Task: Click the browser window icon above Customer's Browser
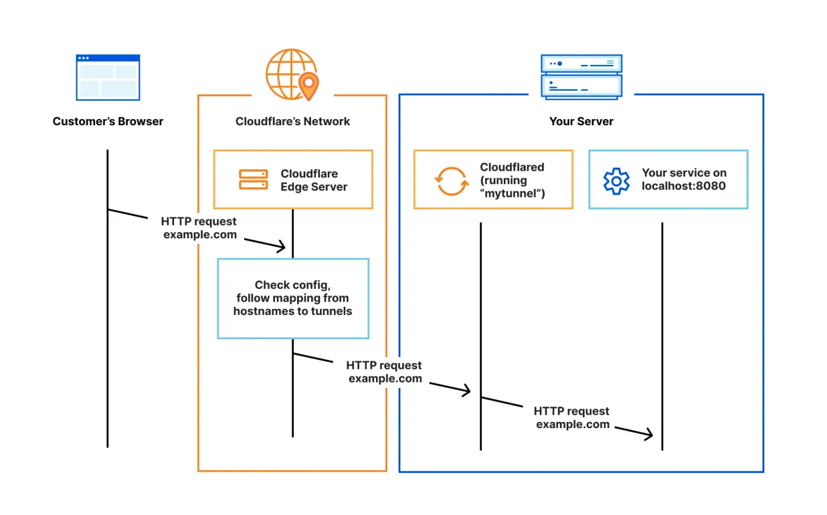[108, 77]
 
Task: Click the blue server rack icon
[581, 77]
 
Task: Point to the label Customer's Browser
[108, 122]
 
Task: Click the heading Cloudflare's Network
[293, 122]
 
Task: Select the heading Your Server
[581, 122]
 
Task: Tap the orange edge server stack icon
[253, 179]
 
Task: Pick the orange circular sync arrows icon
[451, 179]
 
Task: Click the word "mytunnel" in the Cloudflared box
[512, 194]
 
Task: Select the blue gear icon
[616, 181]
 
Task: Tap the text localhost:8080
[683, 186]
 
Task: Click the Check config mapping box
[293, 298]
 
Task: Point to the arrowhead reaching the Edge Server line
[281, 247]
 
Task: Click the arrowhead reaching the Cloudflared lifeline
[466, 390]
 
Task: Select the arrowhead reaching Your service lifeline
[648, 434]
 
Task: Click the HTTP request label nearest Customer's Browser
[200, 228]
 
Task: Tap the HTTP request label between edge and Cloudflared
[385, 372]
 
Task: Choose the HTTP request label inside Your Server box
[572, 418]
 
